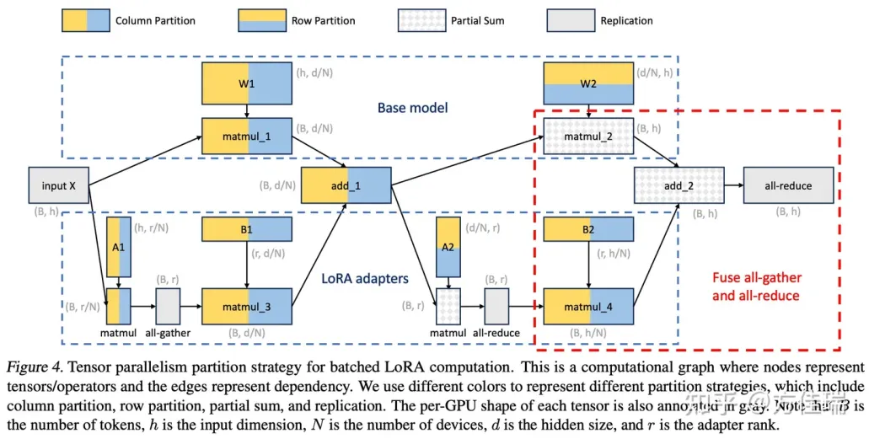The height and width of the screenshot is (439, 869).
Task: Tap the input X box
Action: tap(58, 185)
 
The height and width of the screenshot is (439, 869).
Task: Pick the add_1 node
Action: tap(346, 185)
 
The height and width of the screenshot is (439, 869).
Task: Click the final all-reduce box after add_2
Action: tap(788, 185)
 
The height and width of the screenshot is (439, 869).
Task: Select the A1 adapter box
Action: tap(119, 248)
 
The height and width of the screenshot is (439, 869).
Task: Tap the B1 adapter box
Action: tap(247, 229)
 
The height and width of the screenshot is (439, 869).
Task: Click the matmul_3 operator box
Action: tap(247, 307)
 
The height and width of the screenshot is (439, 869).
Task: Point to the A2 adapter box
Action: tap(448, 248)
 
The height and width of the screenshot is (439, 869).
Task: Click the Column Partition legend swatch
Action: tap(85, 20)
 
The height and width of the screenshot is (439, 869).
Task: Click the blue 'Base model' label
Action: tap(412, 108)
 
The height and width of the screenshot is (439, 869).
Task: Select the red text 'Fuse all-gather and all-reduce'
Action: tap(757, 286)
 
